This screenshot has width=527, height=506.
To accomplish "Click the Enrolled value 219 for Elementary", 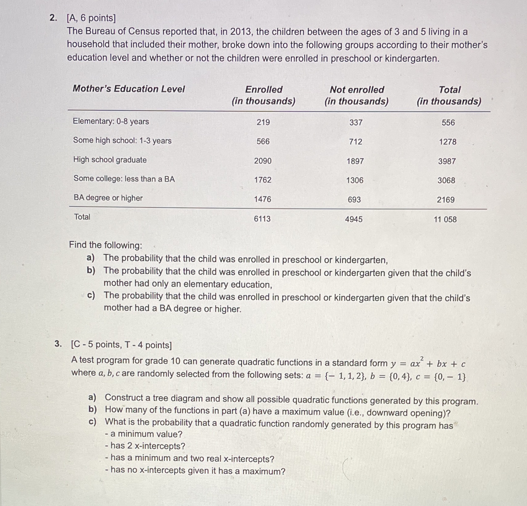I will click(x=263, y=122).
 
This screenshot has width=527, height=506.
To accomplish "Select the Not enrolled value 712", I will click(x=355, y=142).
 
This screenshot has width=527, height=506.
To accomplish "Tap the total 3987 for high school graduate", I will click(x=447, y=161).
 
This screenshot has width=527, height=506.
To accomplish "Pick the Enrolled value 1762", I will click(x=263, y=180).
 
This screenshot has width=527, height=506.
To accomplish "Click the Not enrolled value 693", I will click(x=354, y=200).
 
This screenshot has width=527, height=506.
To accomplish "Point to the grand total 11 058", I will click(x=445, y=219).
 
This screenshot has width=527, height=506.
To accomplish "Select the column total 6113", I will click(x=262, y=219).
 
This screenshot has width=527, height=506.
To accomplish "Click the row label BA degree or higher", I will click(x=108, y=198).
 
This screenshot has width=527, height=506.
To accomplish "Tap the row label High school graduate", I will click(x=110, y=160).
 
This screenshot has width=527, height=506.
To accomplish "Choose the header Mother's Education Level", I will click(x=129, y=89).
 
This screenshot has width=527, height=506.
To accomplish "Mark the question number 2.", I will click(x=53, y=18).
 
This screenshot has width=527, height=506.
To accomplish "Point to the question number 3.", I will click(x=58, y=344).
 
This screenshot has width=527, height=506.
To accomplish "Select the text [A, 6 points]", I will click(x=91, y=18).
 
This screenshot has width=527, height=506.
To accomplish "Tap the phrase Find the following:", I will click(x=106, y=245).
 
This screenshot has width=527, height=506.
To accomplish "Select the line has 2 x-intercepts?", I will click(x=145, y=446).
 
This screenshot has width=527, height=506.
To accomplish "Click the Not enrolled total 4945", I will click(x=354, y=219).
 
